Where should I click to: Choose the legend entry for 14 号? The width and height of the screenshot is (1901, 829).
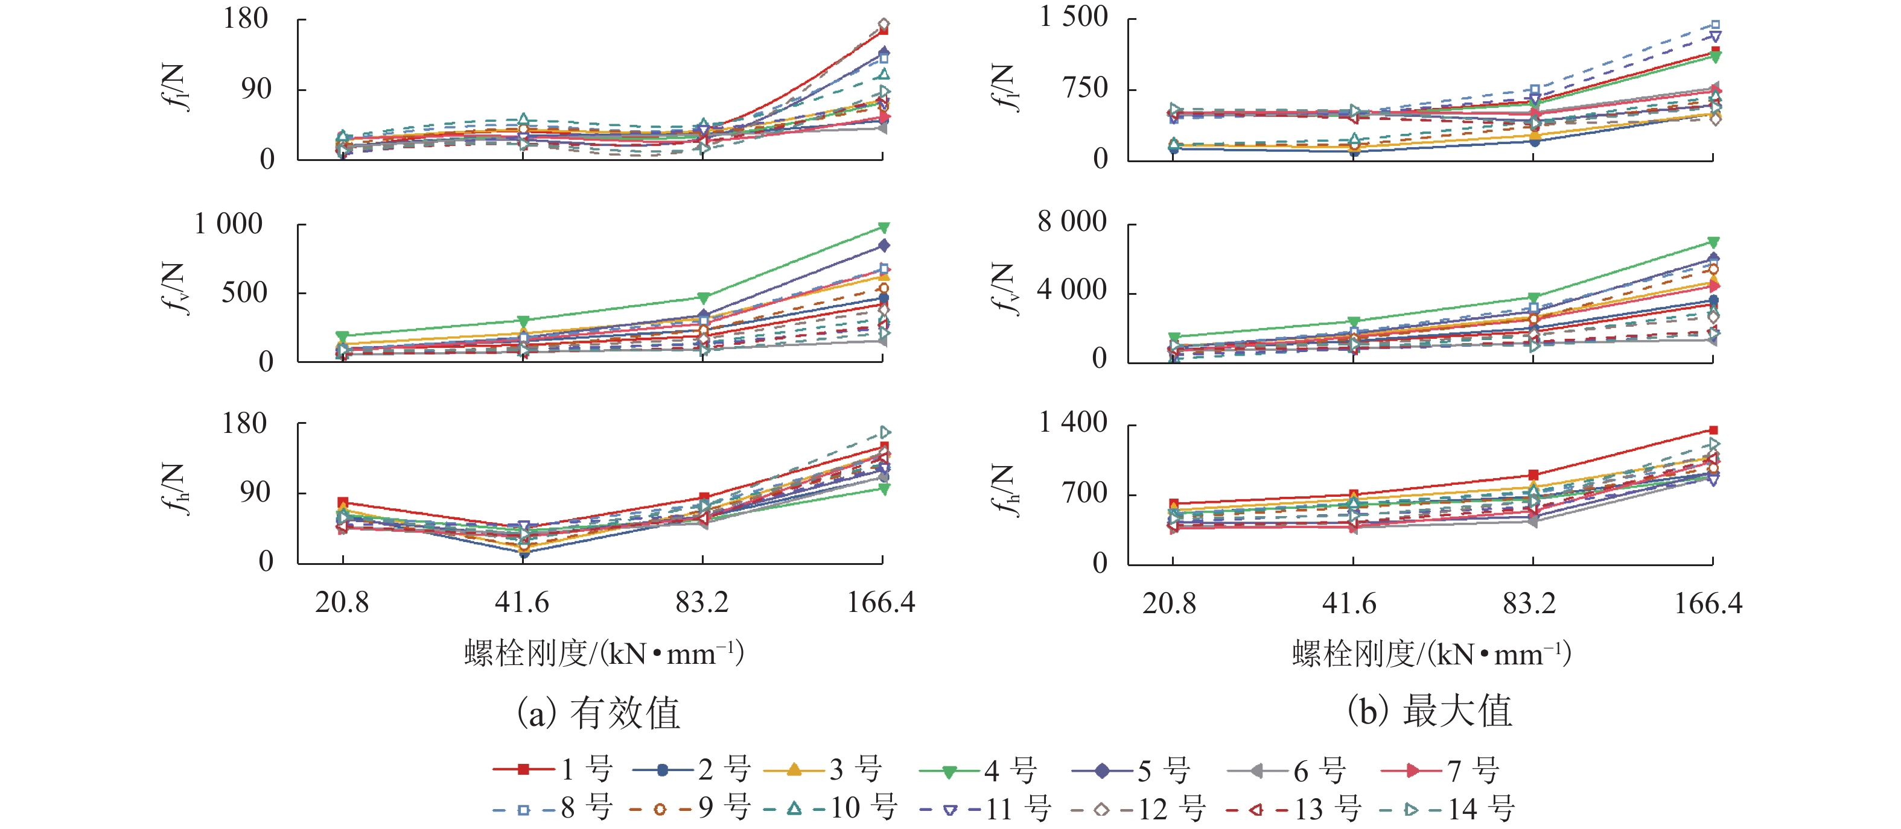click(1447, 809)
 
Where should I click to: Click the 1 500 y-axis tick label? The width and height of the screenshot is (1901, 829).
click(1074, 17)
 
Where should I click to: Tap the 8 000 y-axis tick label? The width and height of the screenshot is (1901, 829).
click(1072, 221)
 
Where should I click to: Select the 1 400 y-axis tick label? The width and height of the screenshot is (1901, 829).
click(1073, 423)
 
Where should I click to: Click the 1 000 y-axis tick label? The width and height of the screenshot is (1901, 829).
click(228, 224)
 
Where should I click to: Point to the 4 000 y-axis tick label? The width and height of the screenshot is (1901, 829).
click(1072, 290)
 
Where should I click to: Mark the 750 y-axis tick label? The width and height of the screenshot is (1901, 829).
click(1085, 89)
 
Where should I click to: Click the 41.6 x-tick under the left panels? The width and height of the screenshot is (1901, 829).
click(522, 602)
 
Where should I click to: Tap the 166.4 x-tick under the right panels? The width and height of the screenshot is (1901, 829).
click(1708, 604)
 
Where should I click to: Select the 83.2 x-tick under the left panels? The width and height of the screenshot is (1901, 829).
click(702, 602)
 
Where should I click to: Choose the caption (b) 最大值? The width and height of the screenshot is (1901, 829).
click(1430, 711)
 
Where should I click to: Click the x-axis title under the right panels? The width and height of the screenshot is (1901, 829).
click(1431, 654)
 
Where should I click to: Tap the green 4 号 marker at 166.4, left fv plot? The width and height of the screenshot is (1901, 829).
click(884, 227)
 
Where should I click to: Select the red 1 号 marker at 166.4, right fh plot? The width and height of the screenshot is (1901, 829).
click(1713, 430)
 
